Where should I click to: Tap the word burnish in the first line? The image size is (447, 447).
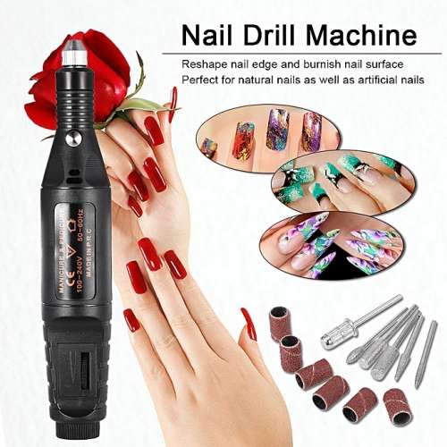pos(336,64)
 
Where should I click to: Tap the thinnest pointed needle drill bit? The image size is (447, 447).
pos(427,353)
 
